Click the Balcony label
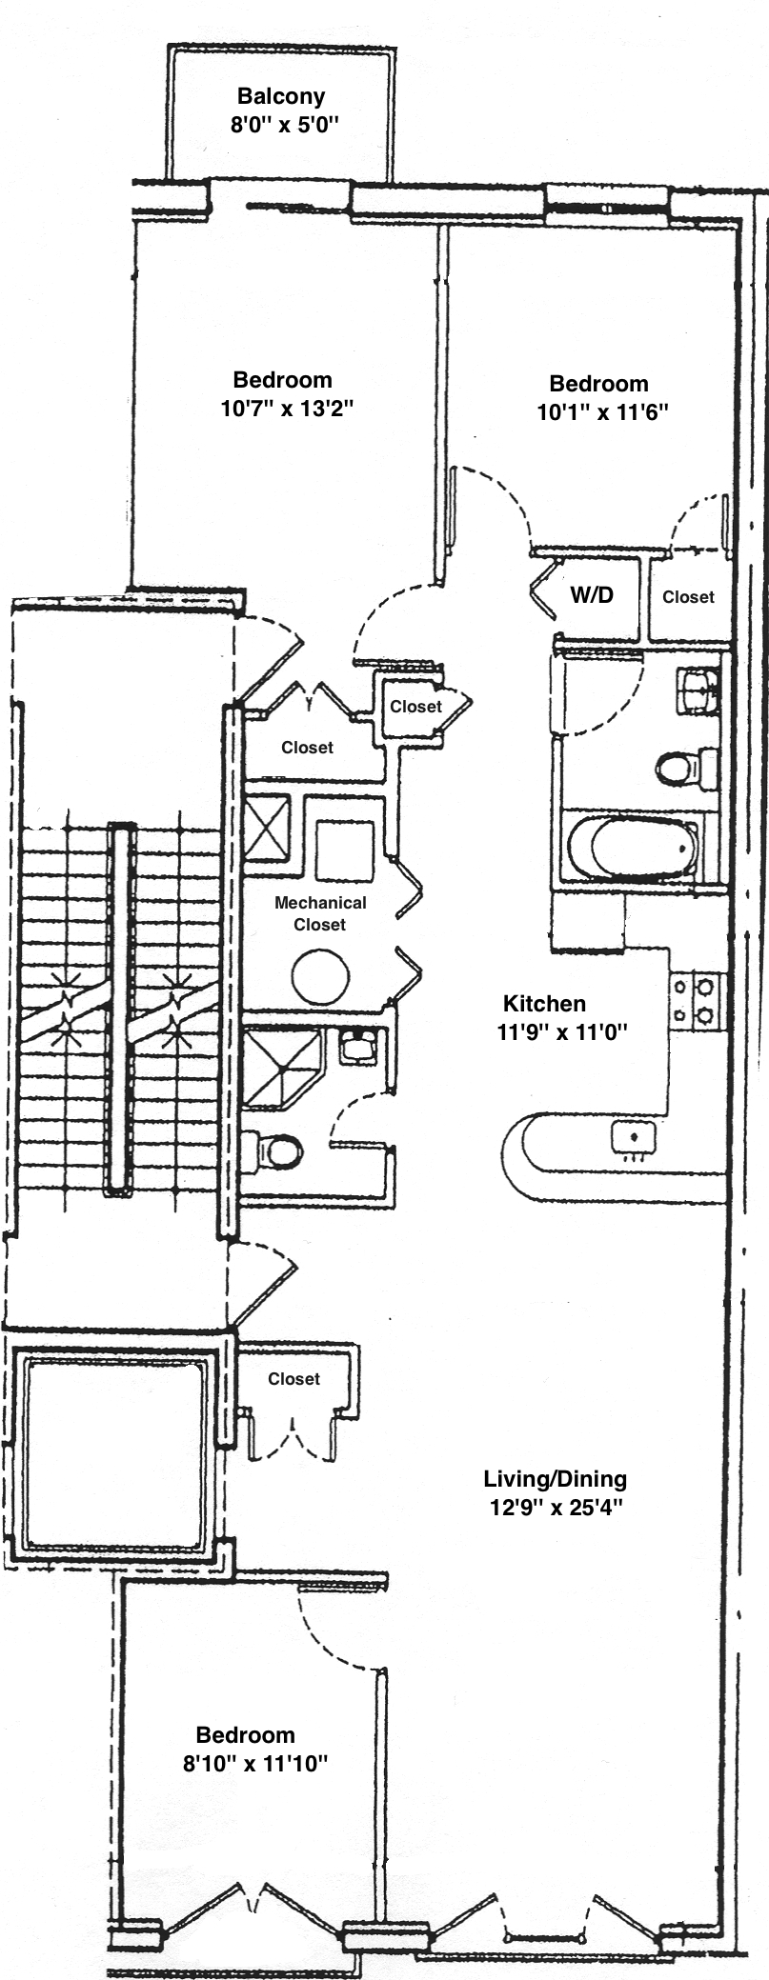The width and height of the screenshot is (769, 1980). tap(281, 96)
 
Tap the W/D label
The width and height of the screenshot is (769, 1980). tap(592, 595)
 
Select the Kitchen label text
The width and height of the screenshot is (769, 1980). tap(544, 1003)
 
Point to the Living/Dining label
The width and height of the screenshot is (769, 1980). tap(556, 1479)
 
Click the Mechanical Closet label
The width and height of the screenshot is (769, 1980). tap(320, 913)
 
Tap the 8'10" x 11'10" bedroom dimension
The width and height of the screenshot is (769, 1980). tap(255, 1763)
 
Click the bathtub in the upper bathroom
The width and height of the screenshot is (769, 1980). tap(631, 849)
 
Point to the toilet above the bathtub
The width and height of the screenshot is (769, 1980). tap(687, 768)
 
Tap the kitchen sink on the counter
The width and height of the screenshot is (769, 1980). tap(633, 1136)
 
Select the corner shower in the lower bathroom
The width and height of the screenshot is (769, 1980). tap(282, 1068)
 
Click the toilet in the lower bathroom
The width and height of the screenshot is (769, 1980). tap(272, 1151)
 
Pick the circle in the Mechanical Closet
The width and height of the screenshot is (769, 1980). tap(320, 976)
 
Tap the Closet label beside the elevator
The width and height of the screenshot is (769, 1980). tap(293, 1378)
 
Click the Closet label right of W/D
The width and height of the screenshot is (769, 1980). tap(688, 596)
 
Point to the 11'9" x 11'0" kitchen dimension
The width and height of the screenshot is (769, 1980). tap(563, 1030)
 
